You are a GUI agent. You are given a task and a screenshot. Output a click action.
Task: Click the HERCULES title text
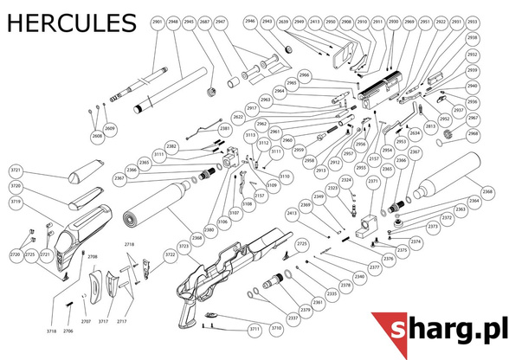pos(70,22)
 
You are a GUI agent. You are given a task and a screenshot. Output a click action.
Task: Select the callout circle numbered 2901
pos(157,23)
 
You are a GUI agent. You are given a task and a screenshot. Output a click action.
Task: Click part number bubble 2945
pos(189,23)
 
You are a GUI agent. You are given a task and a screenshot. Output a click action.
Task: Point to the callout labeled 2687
pos(204,23)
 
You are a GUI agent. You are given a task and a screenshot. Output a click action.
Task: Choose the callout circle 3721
pos(16,170)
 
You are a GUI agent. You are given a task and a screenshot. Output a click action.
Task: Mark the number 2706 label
pos(68,331)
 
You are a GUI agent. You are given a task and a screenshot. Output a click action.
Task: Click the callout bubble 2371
pos(373,182)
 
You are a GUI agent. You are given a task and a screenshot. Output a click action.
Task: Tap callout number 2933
pos(472,21)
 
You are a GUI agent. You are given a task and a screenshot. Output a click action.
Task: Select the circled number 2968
pos(473,134)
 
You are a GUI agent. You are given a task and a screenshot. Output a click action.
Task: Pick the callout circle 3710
pos(276,329)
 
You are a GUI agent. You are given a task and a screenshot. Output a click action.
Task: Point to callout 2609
pos(110,129)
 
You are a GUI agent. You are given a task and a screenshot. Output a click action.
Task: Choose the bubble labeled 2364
pos(474,201)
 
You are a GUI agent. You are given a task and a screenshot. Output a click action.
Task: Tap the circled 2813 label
pos(430,126)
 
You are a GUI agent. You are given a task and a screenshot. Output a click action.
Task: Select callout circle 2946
pos(251,21)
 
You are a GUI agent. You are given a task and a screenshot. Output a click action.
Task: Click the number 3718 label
pos(52,331)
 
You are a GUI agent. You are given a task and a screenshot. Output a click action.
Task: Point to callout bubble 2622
pos(214,116)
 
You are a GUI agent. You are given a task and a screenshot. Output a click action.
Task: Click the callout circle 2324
pos(346,180)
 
